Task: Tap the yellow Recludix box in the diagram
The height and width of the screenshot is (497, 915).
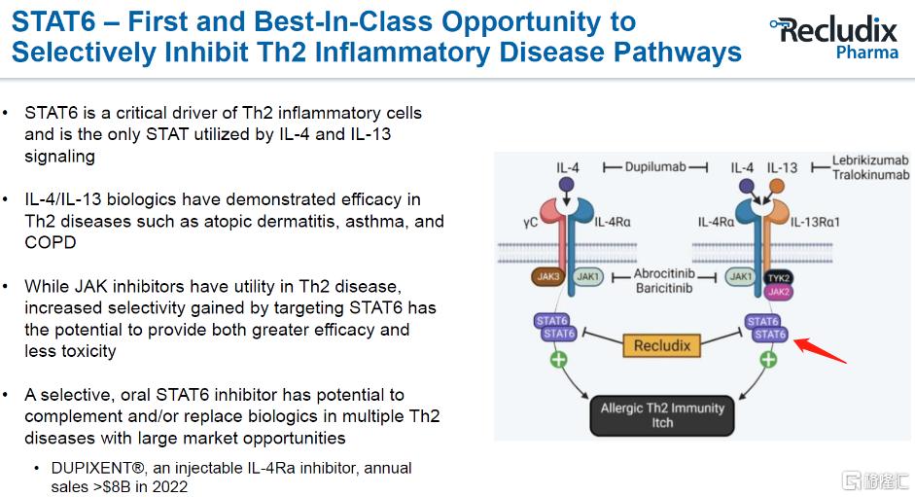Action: pyautogui.click(x=662, y=345)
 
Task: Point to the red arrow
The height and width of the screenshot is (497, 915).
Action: pyautogui.click(x=820, y=350)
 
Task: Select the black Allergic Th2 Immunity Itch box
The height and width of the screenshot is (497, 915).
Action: pyautogui.click(x=662, y=415)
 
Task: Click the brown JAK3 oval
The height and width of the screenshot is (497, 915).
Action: pyautogui.click(x=548, y=276)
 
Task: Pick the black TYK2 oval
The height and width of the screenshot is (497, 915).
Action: pyautogui.click(x=779, y=278)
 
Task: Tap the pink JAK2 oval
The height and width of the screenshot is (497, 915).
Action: pyautogui.click(x=779, y=292)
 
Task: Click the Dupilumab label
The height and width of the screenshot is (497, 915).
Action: pyautogui.click(x=655, y=167)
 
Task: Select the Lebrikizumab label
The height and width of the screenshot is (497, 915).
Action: pyautogui.click(x=870, y=160)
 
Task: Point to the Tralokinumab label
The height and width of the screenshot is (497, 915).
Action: pyautogui.click(x=870, y=175)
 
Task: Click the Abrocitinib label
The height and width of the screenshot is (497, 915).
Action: pyautogui.click(x=664, y=273)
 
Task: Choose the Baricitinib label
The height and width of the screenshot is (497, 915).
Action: pyautogui.click(x=664, y=288)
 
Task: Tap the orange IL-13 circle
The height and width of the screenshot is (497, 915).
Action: pyautogui.click(x=777, y=187)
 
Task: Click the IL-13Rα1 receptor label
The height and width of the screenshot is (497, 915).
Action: pyautogui.click(x=815, y=222)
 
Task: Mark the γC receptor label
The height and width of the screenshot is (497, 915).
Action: pyautogui.click(x=531, y=223)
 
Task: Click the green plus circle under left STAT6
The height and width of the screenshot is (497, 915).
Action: pyautogui.click(x=558, y=359)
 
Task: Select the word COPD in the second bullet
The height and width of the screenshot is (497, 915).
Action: pyautogui.click(x=51, y=242)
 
